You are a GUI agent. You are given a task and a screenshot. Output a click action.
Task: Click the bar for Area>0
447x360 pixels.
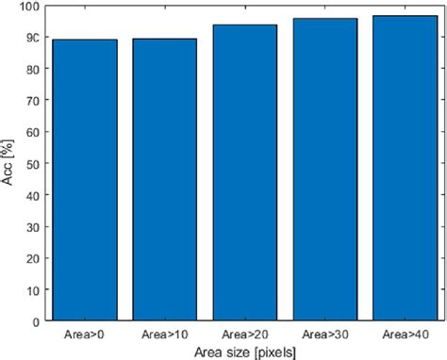click(85, 180)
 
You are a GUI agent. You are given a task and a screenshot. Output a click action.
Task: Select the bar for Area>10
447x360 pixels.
click(165, 180)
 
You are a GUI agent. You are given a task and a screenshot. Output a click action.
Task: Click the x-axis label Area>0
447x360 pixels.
click(85, 334)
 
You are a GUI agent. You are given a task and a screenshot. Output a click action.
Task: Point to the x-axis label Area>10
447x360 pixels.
click(165, 334)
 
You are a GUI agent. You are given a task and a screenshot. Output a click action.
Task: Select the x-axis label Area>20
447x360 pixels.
click(244, 334)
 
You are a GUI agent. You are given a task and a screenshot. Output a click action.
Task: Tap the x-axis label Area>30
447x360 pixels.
click(324, 334)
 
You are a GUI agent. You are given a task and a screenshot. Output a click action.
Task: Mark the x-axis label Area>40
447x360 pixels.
click(404, 334)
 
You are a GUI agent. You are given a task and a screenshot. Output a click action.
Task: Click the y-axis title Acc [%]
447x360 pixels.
click(8, 163)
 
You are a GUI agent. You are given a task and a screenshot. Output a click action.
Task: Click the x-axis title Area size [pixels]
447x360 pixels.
click(244, 351)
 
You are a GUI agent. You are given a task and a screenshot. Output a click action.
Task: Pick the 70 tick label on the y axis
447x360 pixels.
click(31, 101)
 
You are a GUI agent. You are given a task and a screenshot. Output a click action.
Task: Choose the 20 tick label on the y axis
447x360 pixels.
click(31, 257)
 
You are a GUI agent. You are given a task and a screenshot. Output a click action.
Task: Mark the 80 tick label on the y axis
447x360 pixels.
click(31, 69)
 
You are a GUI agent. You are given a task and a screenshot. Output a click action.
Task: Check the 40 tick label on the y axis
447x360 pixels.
click(31, 195)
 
